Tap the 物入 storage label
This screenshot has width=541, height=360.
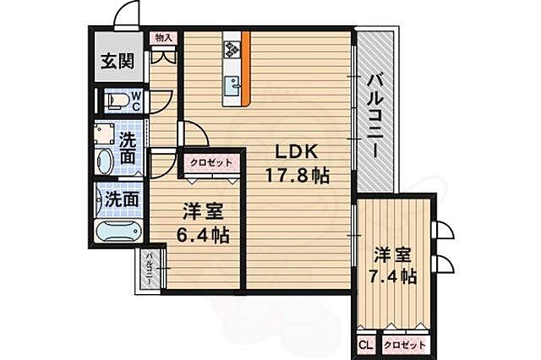coord(164,38)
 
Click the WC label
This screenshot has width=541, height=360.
coord(136,101)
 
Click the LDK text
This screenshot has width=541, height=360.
coord(294,153)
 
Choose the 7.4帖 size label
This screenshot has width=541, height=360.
coord(395,275)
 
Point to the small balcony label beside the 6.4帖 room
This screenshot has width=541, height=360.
coord(149,269)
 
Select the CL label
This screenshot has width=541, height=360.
coord(366,346)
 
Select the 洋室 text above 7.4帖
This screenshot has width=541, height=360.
coord(395,254)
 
